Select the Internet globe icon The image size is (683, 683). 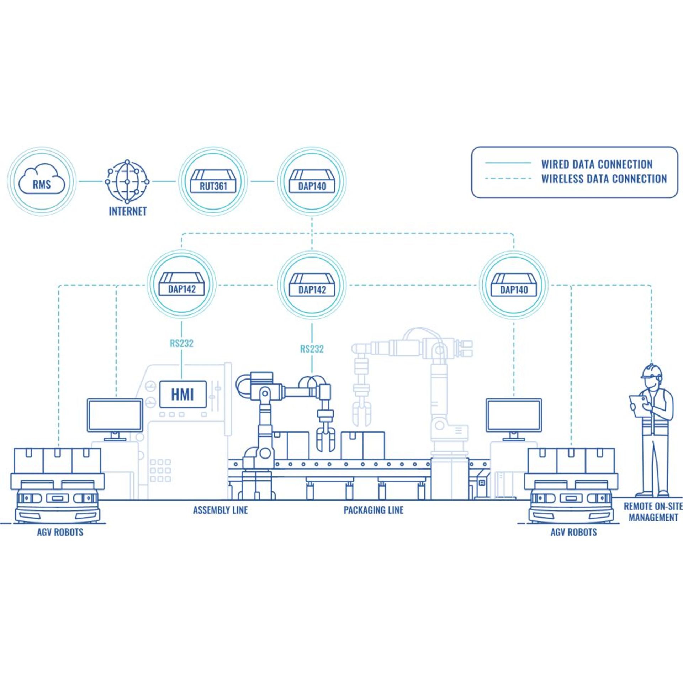click(x=127, y=181)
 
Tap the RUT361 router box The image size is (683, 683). click(x=213, y=182)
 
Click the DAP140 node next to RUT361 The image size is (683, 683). click(x=312, y=182)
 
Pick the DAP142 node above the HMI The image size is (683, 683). click(x=182, y=285)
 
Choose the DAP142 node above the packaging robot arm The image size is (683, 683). click(x=312, y=286)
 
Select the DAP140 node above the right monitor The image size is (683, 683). click(x=514, y=286)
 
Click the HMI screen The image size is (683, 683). click(x=182, y=395)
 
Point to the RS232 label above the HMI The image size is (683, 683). click(x=181, y=343)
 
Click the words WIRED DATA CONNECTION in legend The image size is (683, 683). click(x=597, y=164)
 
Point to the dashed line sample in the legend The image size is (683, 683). click(x=508, y=178)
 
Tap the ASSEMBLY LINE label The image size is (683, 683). click(x=220, y=510)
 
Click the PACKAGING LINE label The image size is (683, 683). click(x=373, y=510)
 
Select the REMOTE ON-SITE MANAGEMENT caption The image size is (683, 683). click(x=653, y=512)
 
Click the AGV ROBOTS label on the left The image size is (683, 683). click(x=60, y=532)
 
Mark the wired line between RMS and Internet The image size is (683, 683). click(x=91, y=181)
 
